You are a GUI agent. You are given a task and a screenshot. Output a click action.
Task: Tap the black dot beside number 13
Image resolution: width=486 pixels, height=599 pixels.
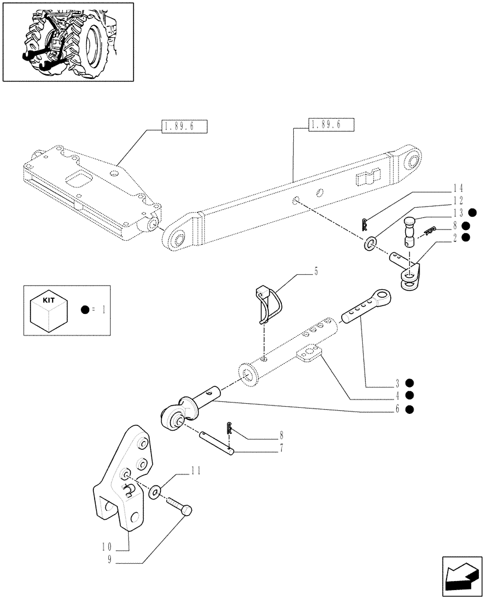[x=472, y=213]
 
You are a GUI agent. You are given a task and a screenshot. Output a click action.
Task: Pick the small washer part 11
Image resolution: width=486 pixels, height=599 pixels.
[x=156, y=492]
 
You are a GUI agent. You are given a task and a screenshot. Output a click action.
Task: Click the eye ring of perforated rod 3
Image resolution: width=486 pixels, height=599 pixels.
[x=382, y=298]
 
